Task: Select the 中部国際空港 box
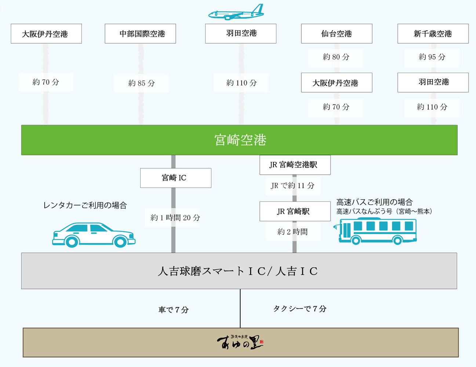(x=140, y=34)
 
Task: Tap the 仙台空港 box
(x=337, y=34)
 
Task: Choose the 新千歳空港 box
(x=433, y=34)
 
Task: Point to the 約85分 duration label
(x=141, y=83)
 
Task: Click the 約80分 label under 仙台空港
(x=336, y=57)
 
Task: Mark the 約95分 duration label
(x=432, y=57)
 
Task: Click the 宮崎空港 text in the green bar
(x=240, y=140)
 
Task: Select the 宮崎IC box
(x=175, y=178)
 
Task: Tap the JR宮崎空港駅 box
(x=295, y=165)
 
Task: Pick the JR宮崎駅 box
(x=295, y=211)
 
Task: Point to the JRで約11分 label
(x=292, y=186)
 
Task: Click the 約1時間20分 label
(x=175, y=218)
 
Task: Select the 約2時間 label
(x=292, y=232)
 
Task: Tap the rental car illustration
(x=94, y=235)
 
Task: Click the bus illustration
(x=376, y=231)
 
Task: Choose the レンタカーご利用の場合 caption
(x=85, y=206)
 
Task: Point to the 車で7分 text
(x=173, y=310)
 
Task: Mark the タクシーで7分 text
(x=299, y=309)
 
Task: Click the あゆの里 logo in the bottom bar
(x=240, y=342)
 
